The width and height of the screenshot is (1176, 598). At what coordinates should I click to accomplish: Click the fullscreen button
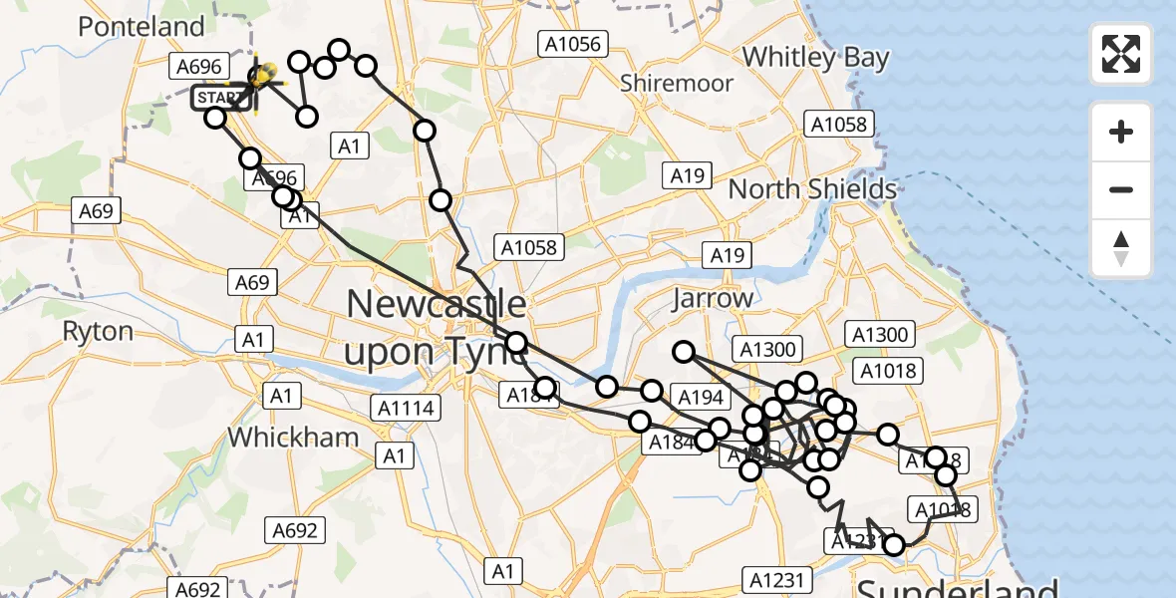pos(1121,54)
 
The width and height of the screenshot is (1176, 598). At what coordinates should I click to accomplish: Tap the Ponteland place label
pos(141,27)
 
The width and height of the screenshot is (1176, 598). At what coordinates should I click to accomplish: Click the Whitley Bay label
pos(815,57)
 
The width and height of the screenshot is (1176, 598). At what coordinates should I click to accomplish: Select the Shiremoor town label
pos(677,83)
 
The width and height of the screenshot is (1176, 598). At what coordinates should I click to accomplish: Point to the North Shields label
pos(812,188)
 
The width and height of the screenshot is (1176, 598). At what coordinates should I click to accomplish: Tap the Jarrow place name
pos(713,298)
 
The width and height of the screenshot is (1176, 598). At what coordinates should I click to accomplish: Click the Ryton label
pos(98,331)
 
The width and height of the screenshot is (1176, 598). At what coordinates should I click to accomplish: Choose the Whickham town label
pos(293,437)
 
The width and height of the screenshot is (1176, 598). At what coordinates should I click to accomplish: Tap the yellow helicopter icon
pos(263,76)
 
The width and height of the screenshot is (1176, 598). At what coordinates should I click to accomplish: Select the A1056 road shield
pos(572,43)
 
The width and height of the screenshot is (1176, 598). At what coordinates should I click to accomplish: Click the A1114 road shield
pos(404,407)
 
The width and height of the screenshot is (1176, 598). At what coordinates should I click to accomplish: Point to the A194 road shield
pos(700,398)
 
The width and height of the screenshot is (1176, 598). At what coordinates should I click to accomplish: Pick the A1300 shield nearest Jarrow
pos(767,349)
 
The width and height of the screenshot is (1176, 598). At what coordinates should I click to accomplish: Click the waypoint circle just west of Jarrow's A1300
pos(684,351)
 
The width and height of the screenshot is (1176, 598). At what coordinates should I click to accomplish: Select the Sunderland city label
pos(957,586)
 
